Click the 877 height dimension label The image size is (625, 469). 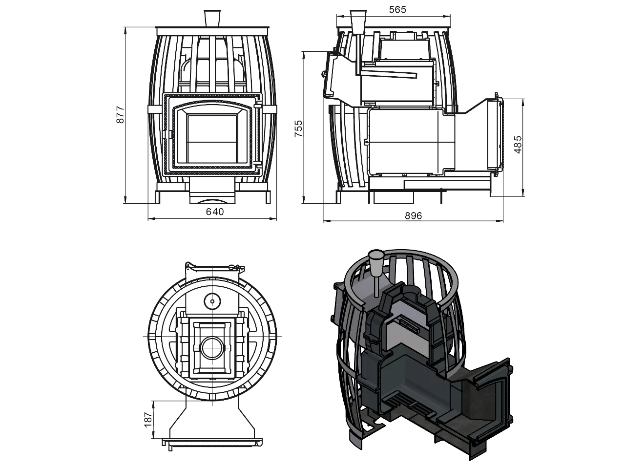(x=121, y=115)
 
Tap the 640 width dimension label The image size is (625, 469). (x=215, y=212)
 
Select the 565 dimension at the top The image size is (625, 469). (x=397, y=10)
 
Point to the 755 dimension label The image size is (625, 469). (x=298, y=128)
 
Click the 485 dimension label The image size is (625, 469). (x=519, y=145)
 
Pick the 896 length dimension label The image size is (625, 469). (x=413, y=215)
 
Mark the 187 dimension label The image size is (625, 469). (x=148, y=420)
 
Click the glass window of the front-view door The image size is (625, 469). (x=212, y=139)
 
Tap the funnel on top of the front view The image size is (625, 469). (x=212, y=18)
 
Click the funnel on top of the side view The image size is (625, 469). (x=358, y=22)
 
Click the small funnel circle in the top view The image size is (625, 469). (x=212, y=301)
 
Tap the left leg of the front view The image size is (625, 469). (x=159, y=196)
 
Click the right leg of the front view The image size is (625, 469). (x=268, y=196)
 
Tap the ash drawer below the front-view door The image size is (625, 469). (x=212, y=191)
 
